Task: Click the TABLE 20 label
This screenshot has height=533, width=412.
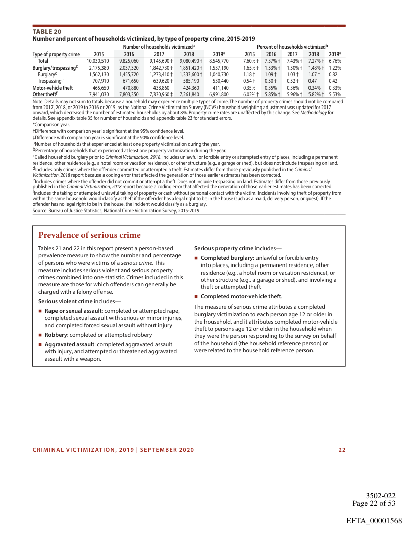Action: pos(47,31)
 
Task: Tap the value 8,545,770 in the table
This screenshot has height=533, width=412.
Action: pos(219,61)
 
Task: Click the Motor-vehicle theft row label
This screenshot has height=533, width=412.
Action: pos(53,87)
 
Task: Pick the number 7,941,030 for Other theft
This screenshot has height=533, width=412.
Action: pos(95,94)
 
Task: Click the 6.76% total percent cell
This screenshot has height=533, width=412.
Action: pos(335,61)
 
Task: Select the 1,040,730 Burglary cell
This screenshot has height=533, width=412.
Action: pos(219,74)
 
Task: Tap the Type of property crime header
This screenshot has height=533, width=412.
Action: pos(57,54)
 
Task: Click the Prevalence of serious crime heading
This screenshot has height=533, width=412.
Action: pos(89,235)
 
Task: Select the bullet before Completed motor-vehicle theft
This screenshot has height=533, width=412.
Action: pos(196,296)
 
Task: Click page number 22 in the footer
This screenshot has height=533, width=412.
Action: pos(342,450)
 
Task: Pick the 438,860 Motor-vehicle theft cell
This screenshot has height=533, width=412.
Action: pos(160,87)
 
